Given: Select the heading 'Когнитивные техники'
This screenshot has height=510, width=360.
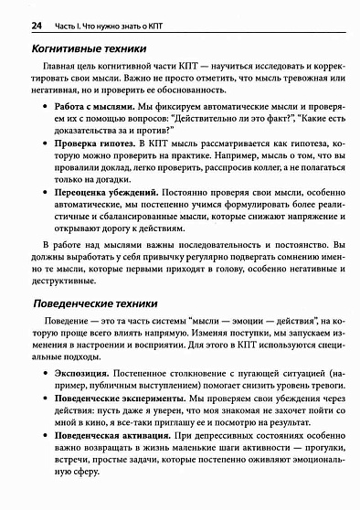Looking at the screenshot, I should [x=89, y=49].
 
